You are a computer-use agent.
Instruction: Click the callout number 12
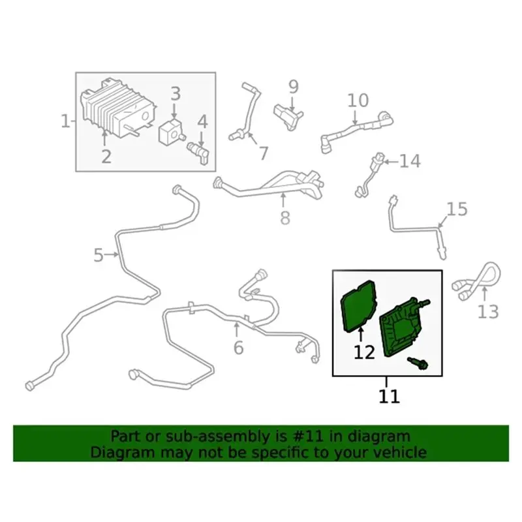[x=364, y=352]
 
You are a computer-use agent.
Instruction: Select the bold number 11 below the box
[x=389, y=396]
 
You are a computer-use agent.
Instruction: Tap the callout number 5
[x=99, y=255]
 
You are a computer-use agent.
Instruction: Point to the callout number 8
[x=285, y=218]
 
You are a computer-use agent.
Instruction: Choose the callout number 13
[x=488, y=312]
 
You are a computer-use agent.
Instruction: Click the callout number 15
[x=457, y=209]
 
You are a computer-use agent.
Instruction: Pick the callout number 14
[x=410, y=161]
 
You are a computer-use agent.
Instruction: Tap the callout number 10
[x=358, y=100]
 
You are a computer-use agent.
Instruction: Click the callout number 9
[x=293, y=87]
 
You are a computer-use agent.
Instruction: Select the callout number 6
[x=238, y=348]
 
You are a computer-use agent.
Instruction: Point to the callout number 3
[x=176, y=93]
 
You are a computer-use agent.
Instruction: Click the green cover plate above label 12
[x=359, y=306]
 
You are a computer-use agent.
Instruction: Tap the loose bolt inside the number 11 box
[x=418, y=363]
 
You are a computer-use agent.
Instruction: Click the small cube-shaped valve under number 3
[x=172, y=133]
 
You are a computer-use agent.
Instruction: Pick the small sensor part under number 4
[x=199, y=151]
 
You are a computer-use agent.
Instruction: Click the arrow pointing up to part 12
[x=361, y=335]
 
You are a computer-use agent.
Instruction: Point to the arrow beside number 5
[x=112, y=254]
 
